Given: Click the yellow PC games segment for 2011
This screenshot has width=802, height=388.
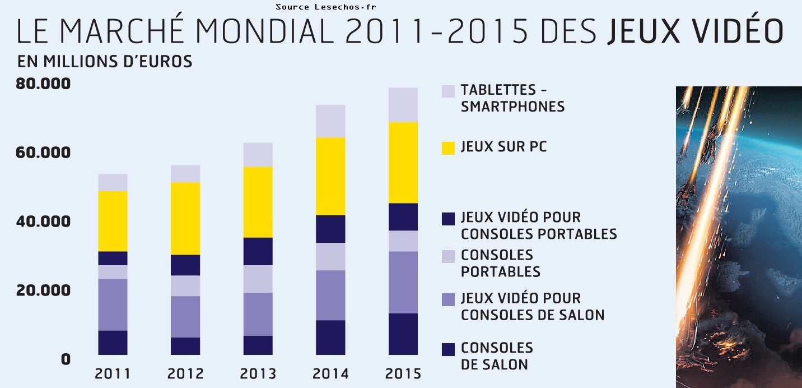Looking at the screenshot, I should [113, 221].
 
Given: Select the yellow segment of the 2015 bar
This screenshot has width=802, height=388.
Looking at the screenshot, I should [403, 163].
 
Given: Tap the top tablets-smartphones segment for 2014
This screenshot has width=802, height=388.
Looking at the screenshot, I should [330, 121].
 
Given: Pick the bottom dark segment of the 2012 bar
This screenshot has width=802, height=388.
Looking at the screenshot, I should [185, 346].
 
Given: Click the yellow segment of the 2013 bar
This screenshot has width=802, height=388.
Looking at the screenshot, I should [258, 202].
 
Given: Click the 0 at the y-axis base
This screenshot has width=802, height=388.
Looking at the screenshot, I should [66, 359].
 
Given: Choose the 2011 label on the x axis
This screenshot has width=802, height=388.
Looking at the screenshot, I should [113, 373].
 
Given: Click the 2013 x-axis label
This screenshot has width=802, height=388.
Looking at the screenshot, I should [258, 373].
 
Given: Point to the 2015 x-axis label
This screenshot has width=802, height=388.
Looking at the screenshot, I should [403, 373].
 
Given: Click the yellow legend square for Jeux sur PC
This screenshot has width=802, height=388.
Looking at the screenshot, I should [448, 148].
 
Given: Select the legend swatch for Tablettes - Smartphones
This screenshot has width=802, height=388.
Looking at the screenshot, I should [448, 91].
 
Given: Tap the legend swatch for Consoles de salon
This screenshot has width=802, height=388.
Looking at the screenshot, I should [448, 349].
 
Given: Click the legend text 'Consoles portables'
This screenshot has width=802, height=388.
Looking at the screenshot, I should [500, 263].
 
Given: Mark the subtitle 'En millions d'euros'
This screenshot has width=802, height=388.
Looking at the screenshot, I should [105, 61].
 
